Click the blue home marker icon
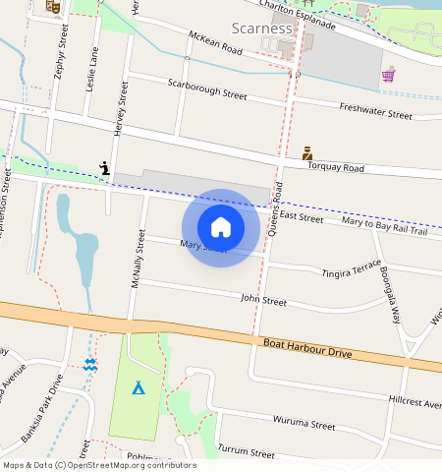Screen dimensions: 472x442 (221, 227)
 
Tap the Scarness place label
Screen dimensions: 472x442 (262, 28)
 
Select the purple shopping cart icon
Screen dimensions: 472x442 (389, 74)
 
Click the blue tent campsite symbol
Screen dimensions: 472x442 (138, 387)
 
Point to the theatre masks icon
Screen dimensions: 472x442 (54, 6)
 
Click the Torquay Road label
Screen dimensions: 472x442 (335, 168)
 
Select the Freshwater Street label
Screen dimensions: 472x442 (375, 110)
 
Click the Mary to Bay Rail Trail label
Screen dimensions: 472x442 (384, 226)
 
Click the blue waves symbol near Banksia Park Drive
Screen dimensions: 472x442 (90, 365)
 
